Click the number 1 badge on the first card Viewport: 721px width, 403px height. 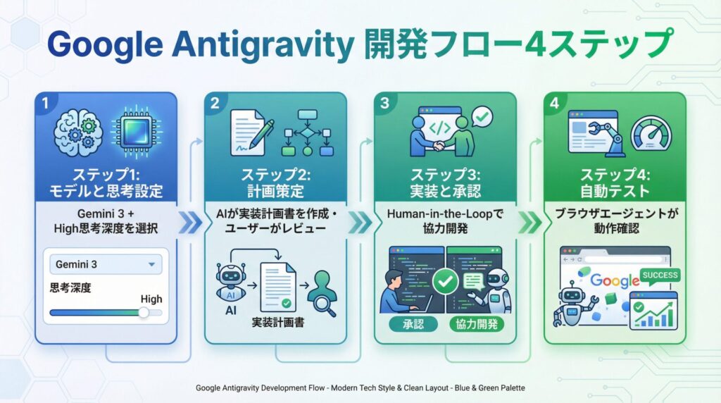click(x=46, y=103)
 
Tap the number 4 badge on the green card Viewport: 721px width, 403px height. click(x=555, y=103)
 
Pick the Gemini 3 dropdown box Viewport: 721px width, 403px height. click(x=106, y=265)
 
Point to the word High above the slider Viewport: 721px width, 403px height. click(x=151, y=299)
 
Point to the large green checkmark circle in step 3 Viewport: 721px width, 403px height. click(x=444, y=282)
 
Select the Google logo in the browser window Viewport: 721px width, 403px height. click(x=613, y=280)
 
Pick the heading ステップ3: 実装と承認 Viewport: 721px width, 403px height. click(x=444, y=182)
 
